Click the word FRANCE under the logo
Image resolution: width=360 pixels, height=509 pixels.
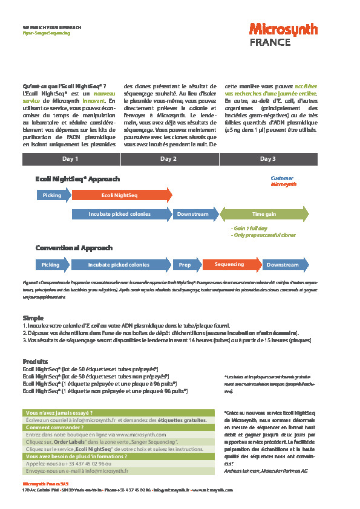point(270,42)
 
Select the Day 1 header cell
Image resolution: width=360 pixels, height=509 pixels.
point(71,159)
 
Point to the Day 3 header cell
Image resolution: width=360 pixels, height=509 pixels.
point(267,159)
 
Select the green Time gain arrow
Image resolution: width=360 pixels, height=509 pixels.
point(264,214)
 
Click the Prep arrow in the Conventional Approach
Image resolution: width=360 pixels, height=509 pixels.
point(185,265)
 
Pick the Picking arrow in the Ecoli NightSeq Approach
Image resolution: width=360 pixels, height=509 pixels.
point(53,195)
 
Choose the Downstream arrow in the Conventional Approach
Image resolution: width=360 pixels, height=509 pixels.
point(283,265)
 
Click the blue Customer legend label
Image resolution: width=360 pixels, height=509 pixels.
point(282,178)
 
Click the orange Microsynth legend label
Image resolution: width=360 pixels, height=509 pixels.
point(283,184)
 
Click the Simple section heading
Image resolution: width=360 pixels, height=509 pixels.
point(33,317)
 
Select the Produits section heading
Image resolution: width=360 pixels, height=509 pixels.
point(34,361)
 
